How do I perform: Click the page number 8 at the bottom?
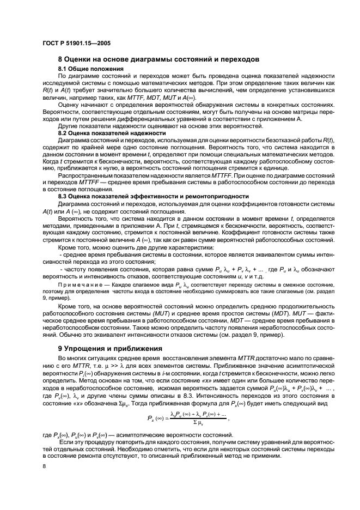click(x=44, y=466)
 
